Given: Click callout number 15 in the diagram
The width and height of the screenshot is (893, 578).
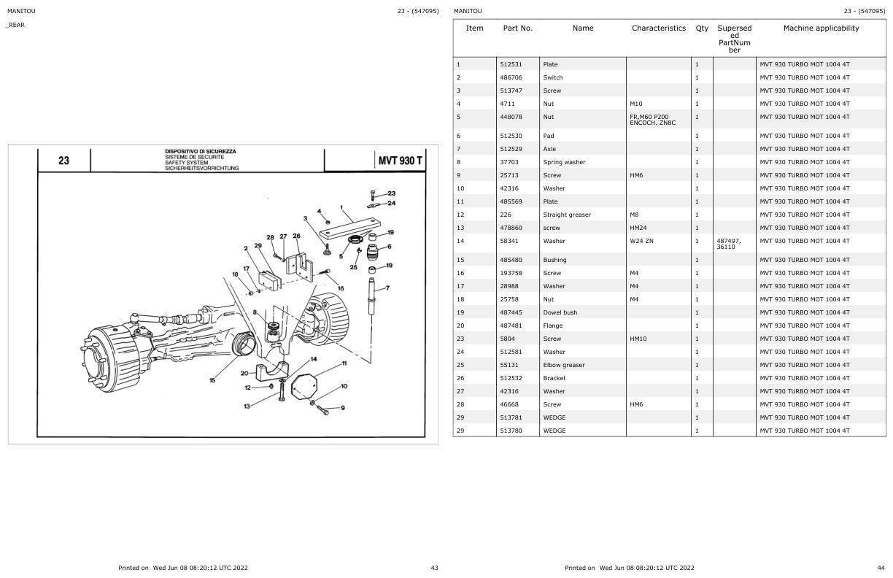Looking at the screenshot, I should coord(212,379).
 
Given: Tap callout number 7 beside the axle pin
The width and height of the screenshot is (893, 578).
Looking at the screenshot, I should coord(387,288).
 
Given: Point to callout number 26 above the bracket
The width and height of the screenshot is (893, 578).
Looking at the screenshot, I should coord(296,236).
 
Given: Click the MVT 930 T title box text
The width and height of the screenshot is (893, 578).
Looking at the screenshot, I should coord(400,161).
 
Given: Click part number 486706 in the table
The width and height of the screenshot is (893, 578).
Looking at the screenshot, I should coord(511,77).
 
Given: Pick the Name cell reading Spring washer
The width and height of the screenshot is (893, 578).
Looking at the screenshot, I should coord(564,162).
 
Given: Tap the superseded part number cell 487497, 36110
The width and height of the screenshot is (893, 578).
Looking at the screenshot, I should coord(730,244).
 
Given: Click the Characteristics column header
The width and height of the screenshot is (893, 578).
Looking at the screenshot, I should coord(659,28).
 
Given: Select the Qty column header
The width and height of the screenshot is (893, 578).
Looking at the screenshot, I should coord(702,28).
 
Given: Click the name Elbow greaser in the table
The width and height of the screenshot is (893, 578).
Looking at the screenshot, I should coord(563,365).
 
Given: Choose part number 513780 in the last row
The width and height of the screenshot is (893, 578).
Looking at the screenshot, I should coord(511,431).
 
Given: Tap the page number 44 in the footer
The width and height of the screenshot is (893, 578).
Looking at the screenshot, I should coord(881,568).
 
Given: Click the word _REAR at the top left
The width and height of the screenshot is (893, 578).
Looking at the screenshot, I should coord(15,25).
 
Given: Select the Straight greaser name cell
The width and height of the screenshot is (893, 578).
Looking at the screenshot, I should coord(567,215).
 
